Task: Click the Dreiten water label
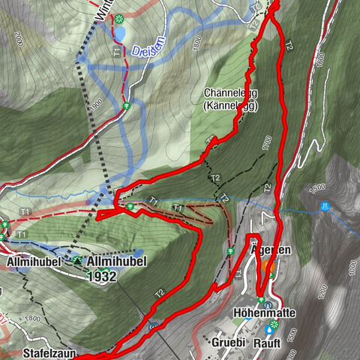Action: click(x=146, y=51)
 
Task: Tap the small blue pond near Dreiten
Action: click(x=119, y=33)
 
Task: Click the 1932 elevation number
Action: click(x=102, y=275)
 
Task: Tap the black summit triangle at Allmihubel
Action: click(x=77, y=260)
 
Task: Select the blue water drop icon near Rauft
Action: click(x=268, y=328)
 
